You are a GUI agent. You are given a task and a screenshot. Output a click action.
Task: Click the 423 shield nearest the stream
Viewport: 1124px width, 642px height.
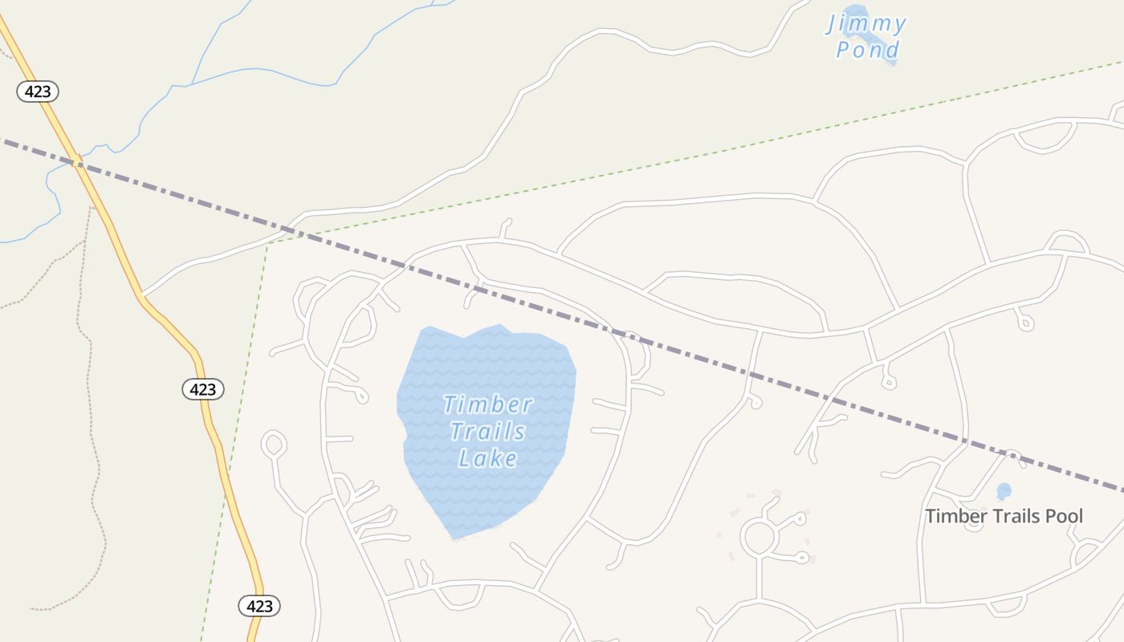click(x=38, y=91)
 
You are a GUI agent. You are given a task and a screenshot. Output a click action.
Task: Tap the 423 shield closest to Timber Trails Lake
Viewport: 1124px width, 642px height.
click(x=203, y=389)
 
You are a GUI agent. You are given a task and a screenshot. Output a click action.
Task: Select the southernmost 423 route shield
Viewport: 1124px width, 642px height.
click(x=259, y=606)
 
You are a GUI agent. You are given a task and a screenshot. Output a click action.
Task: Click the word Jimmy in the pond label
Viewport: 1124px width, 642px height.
click(x=866, y=24)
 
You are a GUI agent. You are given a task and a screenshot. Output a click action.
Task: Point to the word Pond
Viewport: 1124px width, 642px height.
click(x=868, y=51)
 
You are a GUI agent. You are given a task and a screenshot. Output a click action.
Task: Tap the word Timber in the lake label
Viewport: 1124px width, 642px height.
click(x=487, y=404)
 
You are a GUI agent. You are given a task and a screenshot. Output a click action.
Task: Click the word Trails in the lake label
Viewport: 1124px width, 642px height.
click(x=487, y=432)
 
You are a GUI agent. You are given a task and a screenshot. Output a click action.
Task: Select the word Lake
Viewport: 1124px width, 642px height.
click(x=487, y=458)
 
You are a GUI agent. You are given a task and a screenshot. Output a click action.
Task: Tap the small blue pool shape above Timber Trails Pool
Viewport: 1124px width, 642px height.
click(x=1004, y=490)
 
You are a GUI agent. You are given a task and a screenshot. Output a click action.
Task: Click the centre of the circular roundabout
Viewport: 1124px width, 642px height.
click(x=759, y=538)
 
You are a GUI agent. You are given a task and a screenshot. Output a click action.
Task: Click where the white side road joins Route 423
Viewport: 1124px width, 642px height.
click(x=142, y=295)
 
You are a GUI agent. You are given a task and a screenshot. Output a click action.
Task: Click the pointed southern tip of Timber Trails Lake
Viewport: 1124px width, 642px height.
click(x=454, y=538)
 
